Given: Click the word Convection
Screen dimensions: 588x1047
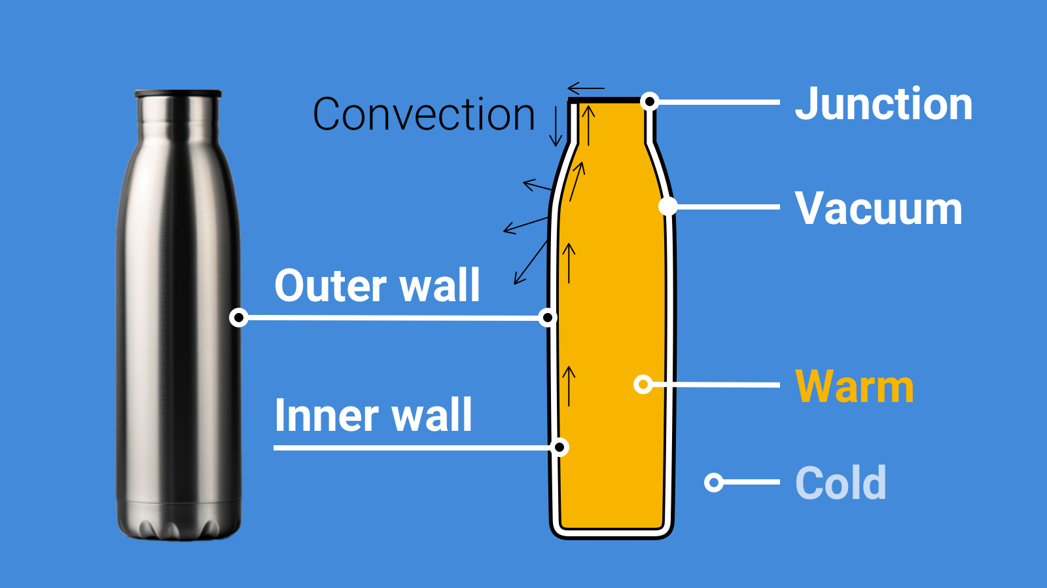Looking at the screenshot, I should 424,115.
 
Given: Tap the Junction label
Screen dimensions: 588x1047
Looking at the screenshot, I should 883,105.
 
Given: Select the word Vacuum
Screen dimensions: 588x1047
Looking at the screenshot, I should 878,209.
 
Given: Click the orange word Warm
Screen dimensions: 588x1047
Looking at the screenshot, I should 854,387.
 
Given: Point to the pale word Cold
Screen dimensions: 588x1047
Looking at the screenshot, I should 841,483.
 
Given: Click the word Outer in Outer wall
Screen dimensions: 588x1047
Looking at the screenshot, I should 331,286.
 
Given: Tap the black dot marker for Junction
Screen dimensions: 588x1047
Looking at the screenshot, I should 649,101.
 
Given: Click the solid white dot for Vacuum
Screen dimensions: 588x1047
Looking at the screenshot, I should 667,206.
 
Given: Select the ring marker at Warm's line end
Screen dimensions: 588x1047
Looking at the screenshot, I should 643,384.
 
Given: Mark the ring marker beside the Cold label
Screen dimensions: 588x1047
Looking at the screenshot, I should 713,483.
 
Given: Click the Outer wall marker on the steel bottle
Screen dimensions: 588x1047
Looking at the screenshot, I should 239,318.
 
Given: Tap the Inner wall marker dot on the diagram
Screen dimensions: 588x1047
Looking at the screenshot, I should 559,447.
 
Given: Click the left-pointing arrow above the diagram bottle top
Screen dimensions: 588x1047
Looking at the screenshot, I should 586,88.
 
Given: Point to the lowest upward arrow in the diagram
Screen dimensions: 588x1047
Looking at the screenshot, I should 569,386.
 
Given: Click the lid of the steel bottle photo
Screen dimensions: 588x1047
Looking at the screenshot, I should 178,94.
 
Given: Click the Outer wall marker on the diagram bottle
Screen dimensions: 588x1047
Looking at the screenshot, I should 548,318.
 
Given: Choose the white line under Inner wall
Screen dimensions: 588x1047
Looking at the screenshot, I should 412,448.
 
